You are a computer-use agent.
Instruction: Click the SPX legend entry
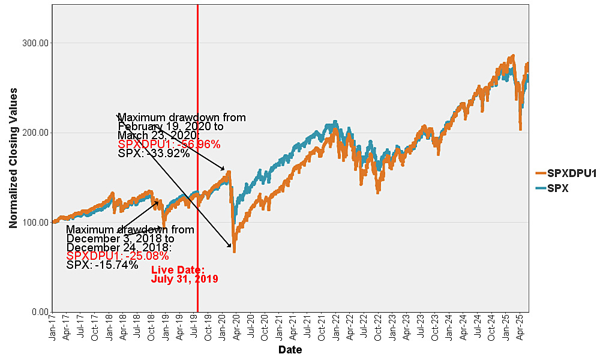557,188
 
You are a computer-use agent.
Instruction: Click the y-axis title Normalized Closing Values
13,158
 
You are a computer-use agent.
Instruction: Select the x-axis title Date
290,350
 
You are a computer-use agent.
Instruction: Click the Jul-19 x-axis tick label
194,326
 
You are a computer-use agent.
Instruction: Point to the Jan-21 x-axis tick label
279,326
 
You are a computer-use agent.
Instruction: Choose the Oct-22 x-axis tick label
378,326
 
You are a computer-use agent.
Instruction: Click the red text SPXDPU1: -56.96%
169,144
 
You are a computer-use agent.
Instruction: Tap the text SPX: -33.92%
154,153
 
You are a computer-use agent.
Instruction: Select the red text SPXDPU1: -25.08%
118,256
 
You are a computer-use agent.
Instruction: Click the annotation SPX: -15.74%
102,265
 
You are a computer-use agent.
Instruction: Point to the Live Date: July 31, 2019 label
184,274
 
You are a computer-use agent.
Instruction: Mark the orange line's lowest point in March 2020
234,251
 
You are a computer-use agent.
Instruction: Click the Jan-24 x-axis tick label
449,326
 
